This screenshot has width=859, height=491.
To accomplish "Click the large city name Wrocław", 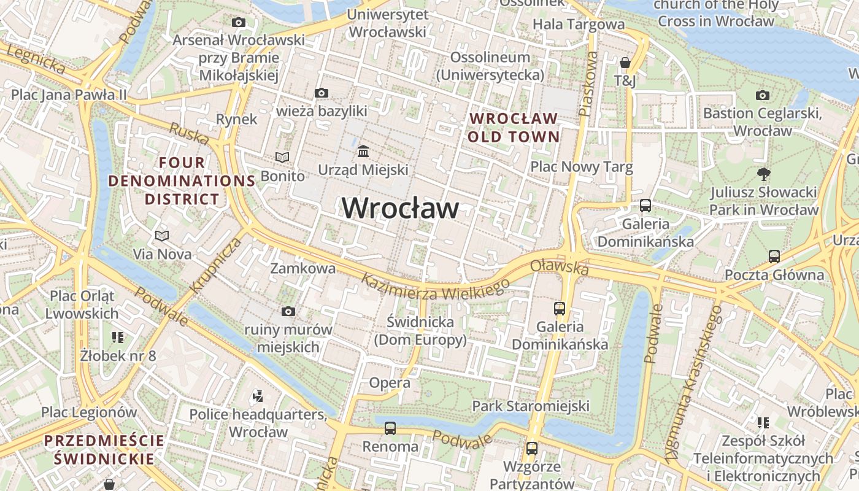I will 399,208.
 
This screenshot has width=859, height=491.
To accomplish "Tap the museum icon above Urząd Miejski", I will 363,151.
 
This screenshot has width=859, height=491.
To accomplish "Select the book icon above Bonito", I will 282,158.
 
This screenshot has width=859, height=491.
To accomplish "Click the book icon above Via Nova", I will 162,236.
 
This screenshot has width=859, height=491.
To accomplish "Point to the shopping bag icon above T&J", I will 625,63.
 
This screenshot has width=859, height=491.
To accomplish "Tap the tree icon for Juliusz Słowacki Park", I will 763,174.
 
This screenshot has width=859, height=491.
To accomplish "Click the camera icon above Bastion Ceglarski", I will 763,95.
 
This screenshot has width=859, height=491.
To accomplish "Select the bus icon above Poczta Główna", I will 774,257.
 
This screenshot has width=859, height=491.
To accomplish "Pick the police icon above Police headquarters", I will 258,396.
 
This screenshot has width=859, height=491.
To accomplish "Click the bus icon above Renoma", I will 390,428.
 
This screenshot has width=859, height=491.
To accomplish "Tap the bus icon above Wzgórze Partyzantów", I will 531,449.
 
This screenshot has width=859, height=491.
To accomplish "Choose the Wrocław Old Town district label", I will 514,127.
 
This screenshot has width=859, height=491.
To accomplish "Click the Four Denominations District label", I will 182,181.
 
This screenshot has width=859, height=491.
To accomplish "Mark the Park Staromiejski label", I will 530,406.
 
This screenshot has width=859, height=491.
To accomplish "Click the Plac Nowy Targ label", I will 581,167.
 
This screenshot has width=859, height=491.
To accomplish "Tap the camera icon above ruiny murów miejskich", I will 288,312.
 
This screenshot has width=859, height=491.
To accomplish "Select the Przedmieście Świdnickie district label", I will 104,449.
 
